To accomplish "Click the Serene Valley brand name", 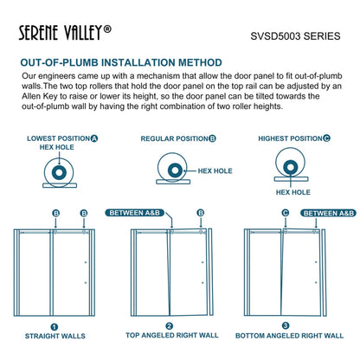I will [x=64, y=33].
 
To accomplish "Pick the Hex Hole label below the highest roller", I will [x=293, y=193].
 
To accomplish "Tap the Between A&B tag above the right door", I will [x=328, y=212].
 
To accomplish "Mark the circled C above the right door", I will [x=285, y=212].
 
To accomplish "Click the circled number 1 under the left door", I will [x=54, y=326].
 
